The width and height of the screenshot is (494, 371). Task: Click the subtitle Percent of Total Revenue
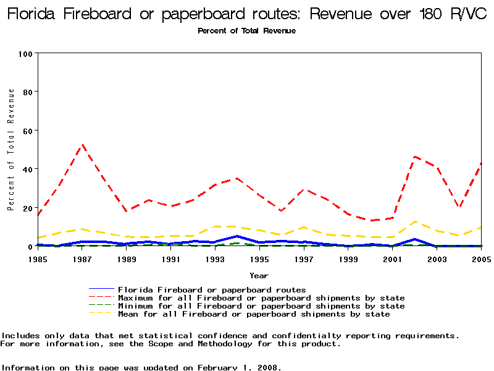point(246,30)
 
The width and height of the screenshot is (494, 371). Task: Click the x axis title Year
point(259,275)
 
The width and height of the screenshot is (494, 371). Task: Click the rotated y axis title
point(11,150)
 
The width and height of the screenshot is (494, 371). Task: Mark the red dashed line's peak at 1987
point(82,145)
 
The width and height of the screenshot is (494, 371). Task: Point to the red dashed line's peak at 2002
point(414,156)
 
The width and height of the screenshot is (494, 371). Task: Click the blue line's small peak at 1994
point(237,236)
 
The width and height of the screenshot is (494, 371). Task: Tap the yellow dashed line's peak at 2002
point(414,221)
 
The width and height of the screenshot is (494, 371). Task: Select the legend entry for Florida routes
point(212,289)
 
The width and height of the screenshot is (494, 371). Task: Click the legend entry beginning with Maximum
point(261,298)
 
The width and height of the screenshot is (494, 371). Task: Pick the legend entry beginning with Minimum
point(261,306)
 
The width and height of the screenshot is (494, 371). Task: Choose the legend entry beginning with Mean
point(254,314)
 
